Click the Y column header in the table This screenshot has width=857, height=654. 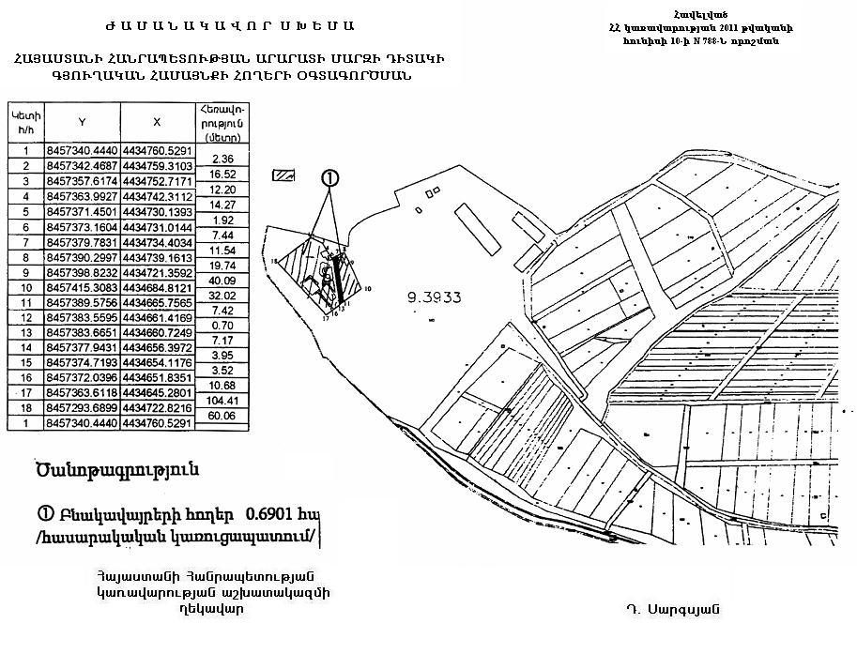coord(83,121)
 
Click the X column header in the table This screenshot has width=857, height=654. coord(157,121)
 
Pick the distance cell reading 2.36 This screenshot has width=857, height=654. coord(222,159)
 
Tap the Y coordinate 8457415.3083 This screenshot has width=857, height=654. coord(83,286)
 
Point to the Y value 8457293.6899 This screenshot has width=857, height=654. coord(83,408)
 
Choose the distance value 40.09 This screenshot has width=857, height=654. coord(222,280)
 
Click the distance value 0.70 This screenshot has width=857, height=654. coord(222,325)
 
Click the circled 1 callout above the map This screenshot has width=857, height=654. coord(329,177)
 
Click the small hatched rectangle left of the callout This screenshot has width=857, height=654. coord(283,175)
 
